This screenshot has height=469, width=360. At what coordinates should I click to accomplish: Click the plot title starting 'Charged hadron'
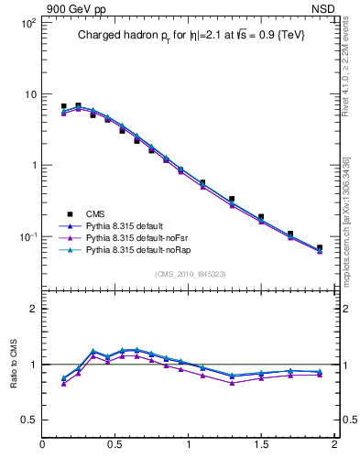191,36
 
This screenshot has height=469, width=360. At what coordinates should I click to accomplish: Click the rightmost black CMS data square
320,247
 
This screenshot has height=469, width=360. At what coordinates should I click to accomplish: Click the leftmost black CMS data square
63,106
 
